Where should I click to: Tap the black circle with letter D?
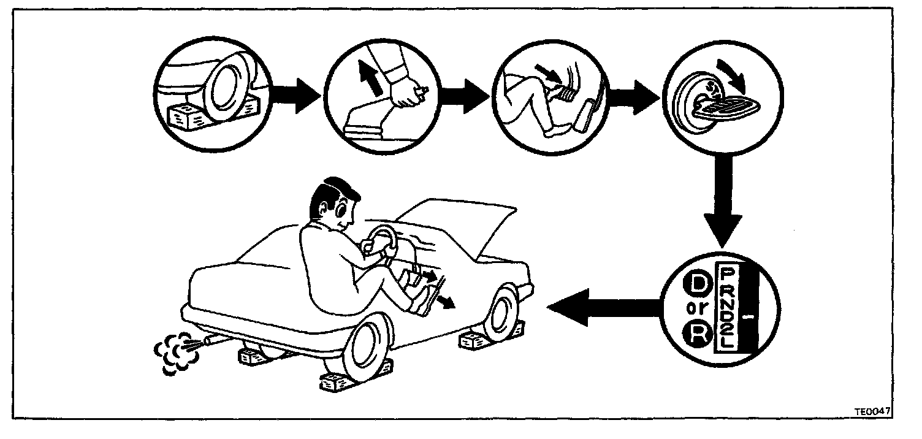click(x=698, y=283)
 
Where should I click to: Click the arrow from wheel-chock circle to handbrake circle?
click(x=294, y=96)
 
